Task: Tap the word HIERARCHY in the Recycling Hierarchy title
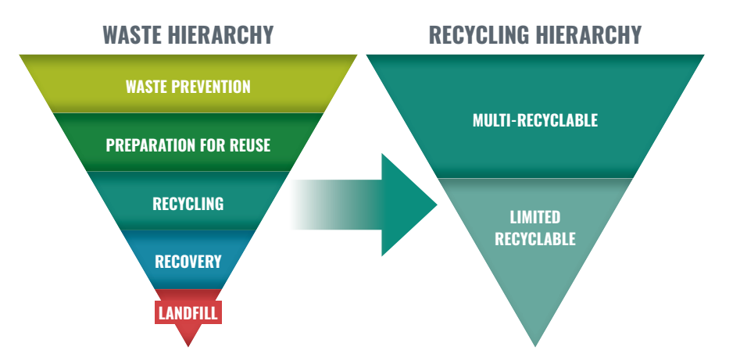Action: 584,34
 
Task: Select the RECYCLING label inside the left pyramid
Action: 188,203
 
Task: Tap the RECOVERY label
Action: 188,262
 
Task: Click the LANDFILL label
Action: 188,313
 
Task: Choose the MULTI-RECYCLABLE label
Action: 535,119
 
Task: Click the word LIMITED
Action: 535,217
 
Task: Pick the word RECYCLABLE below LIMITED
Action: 535,238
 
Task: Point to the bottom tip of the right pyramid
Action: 535,346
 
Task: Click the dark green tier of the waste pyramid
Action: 188,142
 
